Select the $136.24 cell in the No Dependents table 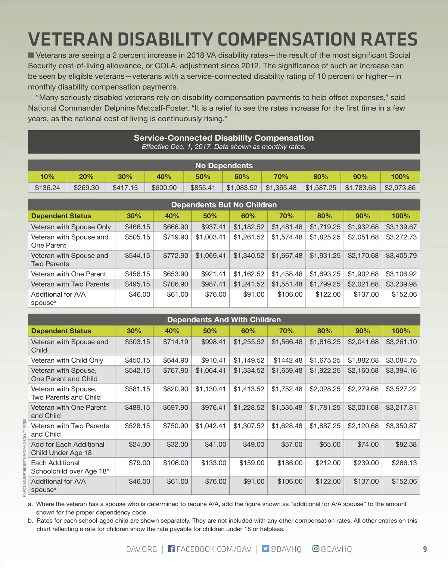click(47, 188)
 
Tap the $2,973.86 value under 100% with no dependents click(400, 188)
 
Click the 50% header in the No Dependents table click(203, 177)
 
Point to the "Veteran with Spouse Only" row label click(71, 227)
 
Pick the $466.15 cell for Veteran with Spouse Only click(137, 227)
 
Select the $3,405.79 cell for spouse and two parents click(401, 256)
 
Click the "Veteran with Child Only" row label click(67, 360)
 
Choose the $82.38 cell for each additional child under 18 click(406, 444)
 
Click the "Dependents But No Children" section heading click(224, 205)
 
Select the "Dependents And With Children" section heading click(224, 320)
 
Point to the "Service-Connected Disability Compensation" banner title click(224, 138)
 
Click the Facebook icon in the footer click(171, 548)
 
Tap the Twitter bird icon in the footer click(265, 548)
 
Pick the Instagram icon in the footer click(316, 548)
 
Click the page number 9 click(425, 549)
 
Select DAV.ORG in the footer click(141, 549)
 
